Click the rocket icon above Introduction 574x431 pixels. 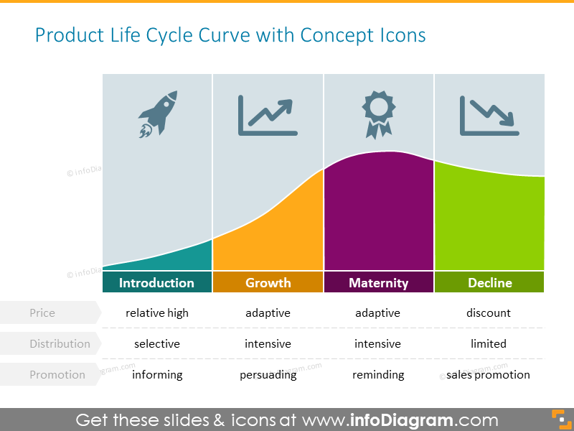tap(158, 113)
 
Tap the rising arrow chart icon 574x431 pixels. tap(268, 116)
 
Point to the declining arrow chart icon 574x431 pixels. tap(489, 116)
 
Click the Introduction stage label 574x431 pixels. tap(156, 282)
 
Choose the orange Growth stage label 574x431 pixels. tap(268, 282)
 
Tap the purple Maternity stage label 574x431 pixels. tap(378, 282)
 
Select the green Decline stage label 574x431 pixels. tap(490, 282)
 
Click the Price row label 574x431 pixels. tap(42, 313)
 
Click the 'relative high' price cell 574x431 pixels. tap(157, 313)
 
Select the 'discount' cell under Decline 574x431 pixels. tap(489, 313)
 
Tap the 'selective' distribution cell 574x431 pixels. tap(156, 344)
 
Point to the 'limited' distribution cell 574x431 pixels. tap(489, 344)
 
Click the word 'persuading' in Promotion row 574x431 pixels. tap(268, 375)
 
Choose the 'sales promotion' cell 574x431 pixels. tap(488, 375)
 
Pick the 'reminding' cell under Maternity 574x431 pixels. tap(378, 375)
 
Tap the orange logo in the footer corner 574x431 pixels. tap(557, 420)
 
